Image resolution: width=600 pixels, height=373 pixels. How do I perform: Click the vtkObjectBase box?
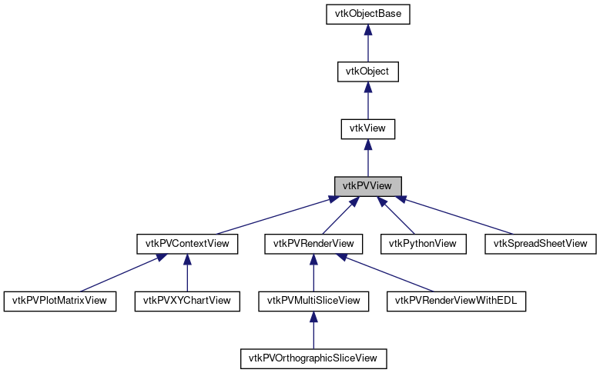coord(368,14)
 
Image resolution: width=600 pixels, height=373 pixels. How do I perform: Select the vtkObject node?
coord(368,72)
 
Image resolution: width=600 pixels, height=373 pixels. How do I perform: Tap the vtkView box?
coord(368,128)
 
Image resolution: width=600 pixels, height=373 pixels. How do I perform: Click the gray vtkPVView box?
coord(368,186)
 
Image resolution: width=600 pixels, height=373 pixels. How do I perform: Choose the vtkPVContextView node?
coord(187,244)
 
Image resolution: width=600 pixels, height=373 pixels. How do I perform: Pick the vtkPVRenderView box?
coord(313,244)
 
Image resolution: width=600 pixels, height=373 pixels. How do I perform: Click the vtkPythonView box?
coord(423,244)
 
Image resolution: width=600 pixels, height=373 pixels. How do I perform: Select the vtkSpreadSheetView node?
coord(540,244)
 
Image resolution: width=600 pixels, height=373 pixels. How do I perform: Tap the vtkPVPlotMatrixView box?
coord(60,301)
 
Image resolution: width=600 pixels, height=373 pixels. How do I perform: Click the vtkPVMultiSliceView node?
coord(313,301)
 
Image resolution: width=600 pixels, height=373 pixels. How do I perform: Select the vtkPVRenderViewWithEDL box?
coord(456,301)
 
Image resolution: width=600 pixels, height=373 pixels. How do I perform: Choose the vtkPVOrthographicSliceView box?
coord(313,358)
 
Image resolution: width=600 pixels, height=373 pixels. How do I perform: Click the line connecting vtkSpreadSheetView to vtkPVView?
coord(454,216)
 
